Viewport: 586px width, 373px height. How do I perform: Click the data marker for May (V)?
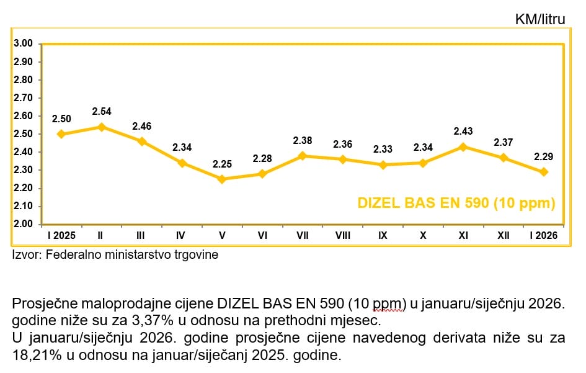222,179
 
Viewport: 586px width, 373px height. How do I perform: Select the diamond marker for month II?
101,127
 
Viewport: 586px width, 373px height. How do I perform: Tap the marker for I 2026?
544,172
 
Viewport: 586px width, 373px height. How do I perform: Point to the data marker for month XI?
463,146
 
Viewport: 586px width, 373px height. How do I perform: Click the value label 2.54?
101,112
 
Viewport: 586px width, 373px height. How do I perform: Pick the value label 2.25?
222,164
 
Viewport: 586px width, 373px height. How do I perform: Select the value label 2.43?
463,132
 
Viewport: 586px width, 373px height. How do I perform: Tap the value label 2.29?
544,156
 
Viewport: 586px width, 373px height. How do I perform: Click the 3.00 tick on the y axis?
23,43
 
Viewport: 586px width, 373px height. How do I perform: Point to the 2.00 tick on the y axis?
23,224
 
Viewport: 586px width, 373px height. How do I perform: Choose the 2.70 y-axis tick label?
23,98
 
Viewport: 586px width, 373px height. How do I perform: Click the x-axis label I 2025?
61,236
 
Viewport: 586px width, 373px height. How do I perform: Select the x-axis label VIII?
342,236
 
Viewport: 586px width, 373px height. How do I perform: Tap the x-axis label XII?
504,236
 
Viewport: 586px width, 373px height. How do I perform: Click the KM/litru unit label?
540,19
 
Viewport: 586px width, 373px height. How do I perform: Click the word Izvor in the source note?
26,254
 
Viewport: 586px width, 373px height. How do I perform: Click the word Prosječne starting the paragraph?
42,304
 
